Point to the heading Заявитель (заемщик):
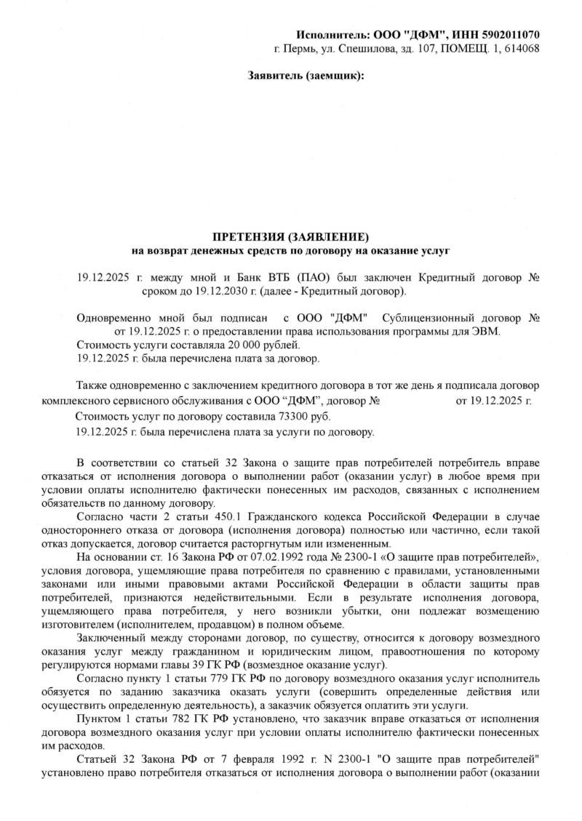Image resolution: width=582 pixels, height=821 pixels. point(306,76)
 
